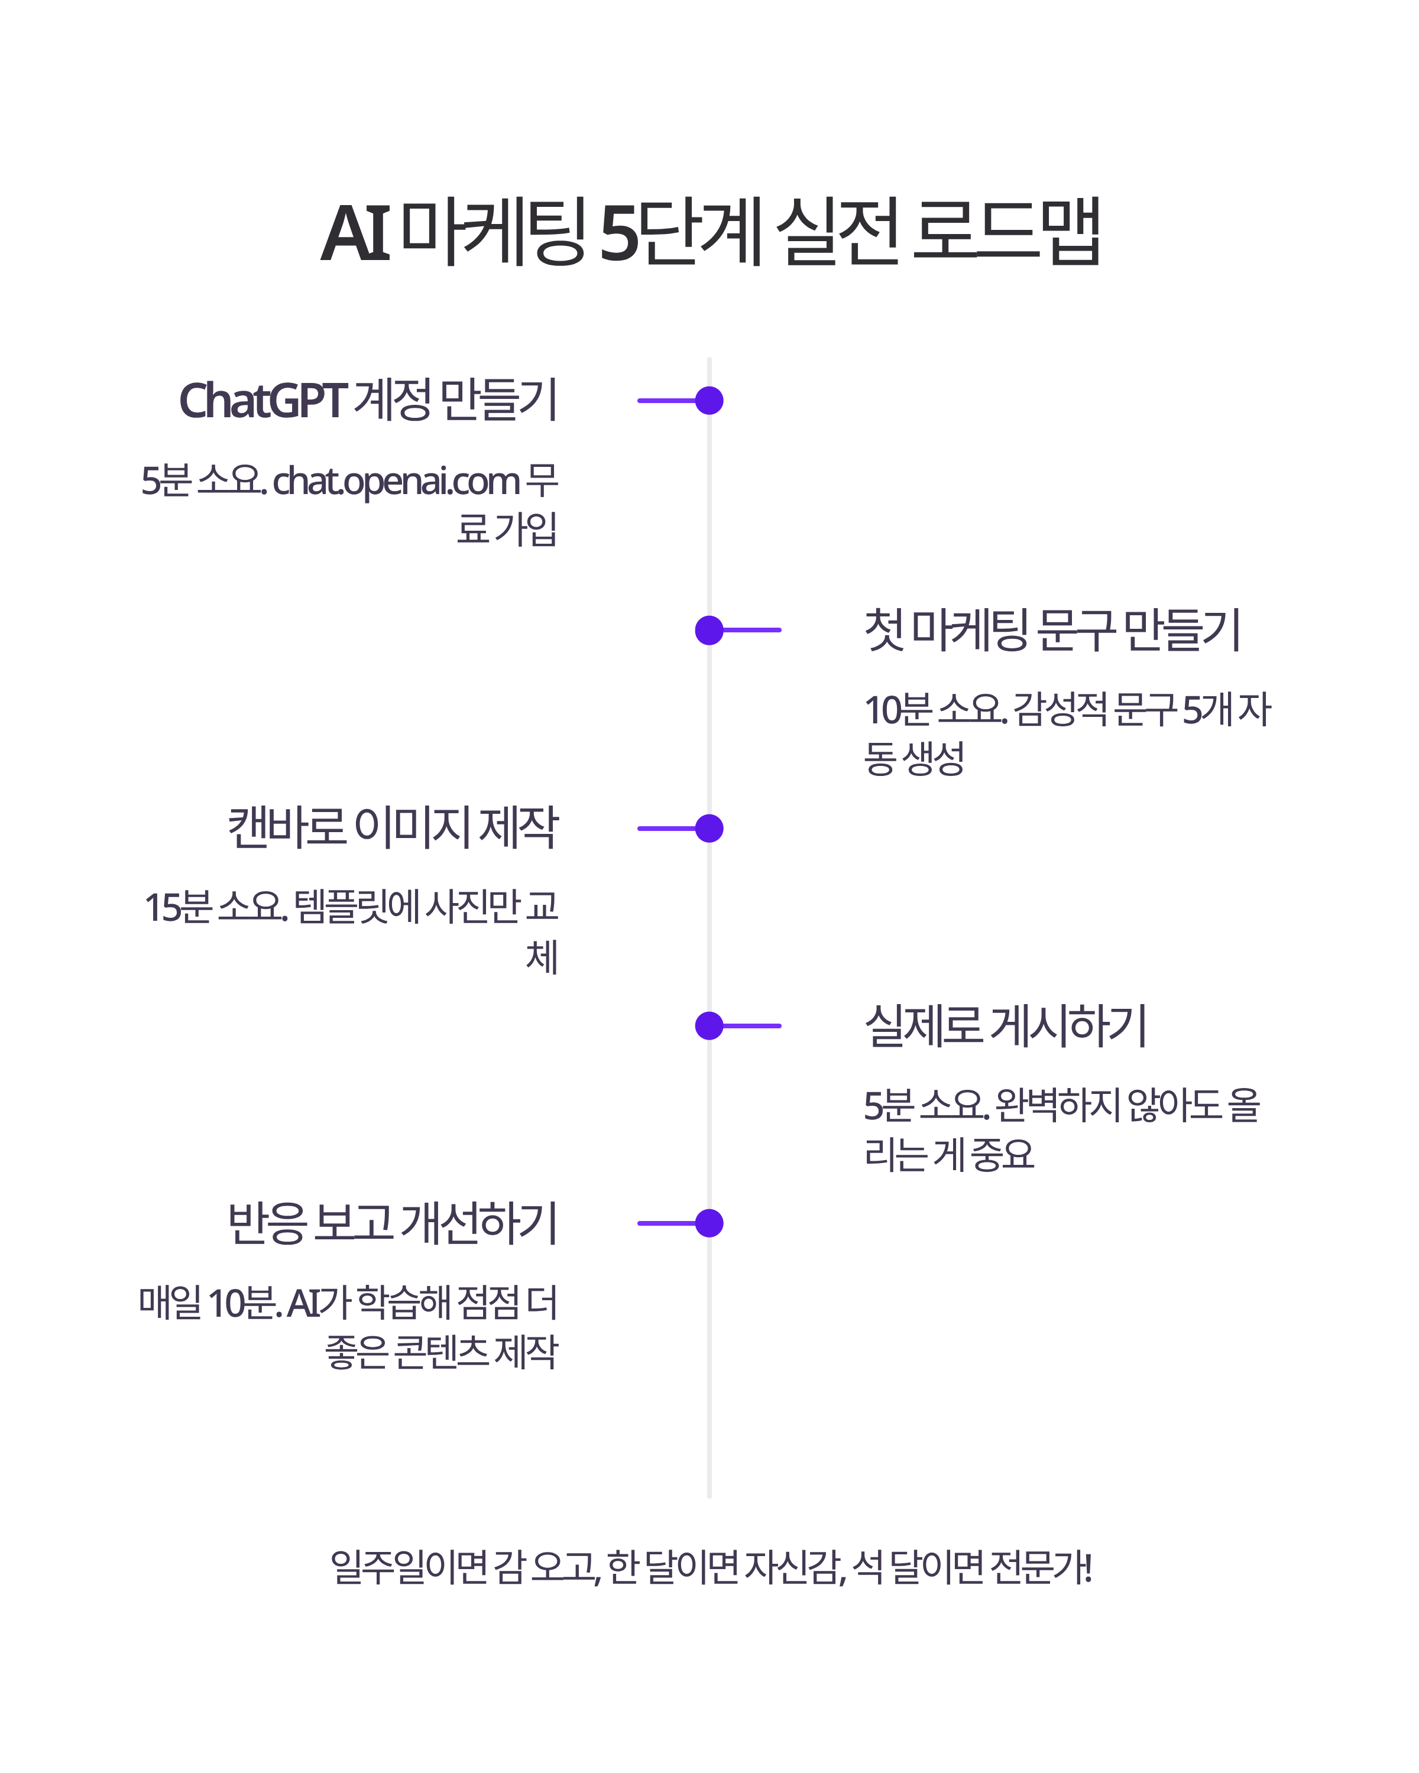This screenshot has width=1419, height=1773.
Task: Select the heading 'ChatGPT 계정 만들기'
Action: (368, 401)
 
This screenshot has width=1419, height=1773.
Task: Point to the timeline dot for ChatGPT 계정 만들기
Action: (709, 401)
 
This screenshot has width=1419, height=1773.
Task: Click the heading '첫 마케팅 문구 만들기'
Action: (1051, 630)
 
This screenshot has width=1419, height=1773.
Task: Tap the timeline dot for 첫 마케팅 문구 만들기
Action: (709, 630)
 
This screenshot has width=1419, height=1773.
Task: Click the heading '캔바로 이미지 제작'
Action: (393, 827)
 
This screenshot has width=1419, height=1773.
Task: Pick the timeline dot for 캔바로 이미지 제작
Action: (709, 828)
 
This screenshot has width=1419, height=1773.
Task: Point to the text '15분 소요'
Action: (216, 907)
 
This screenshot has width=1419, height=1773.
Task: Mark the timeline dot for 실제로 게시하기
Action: (709, 1025)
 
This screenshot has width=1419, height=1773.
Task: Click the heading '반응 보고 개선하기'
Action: (393, 1223)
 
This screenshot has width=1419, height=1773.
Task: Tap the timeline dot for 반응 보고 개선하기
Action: (709, 1223)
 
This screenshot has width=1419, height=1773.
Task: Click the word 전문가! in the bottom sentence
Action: (1041, 1567)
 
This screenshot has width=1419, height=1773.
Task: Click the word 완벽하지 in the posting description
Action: (1057, 1105)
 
